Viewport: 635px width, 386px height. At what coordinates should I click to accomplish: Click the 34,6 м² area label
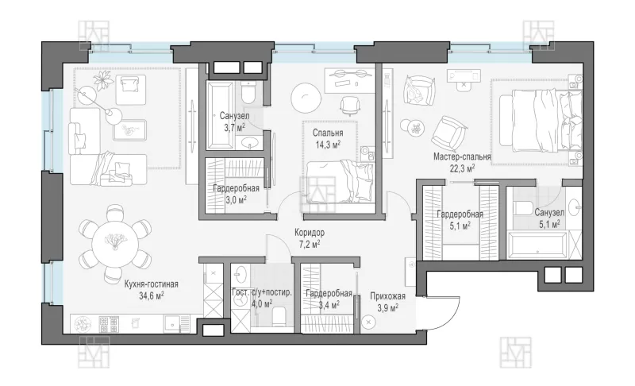(152, 295)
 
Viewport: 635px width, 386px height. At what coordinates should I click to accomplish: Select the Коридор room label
(310, 233)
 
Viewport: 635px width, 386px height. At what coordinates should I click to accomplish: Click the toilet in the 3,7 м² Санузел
(248, 92)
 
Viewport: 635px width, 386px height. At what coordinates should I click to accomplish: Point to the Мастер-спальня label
(462, 156)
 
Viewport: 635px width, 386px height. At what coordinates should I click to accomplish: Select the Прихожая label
(387, 296)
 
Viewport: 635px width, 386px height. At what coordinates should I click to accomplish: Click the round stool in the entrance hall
(368, 322)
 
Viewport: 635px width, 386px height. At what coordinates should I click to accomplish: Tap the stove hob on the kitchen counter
(109, 324)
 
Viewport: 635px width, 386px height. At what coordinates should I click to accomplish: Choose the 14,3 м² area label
(328, 145)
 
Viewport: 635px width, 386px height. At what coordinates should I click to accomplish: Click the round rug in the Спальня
(306, 98)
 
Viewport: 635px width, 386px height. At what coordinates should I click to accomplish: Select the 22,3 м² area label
(462, 168)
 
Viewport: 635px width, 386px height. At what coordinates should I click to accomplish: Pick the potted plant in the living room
(104, 79)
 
